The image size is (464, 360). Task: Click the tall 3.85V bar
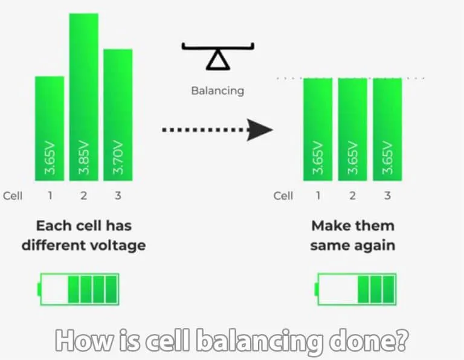(x=84, y=97)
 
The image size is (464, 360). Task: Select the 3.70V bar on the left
(x=118, y=115)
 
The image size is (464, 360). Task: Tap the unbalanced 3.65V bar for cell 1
(x=50, y=128)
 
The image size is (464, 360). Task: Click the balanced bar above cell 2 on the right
(x=352, y=129)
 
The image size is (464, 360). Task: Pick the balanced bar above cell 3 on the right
(x=387, y=129)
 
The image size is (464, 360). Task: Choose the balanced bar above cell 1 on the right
(x=318, y=129)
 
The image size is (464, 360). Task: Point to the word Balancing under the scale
(x=217, y=91)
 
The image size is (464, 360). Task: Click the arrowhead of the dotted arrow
(x=262, y=129)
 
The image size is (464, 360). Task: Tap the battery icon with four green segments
(x=79, y=289)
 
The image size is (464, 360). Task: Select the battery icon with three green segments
(x=356, y=289)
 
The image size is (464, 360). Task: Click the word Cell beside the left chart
(x=13, y=196)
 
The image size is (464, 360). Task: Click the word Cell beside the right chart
(x=283, y=196)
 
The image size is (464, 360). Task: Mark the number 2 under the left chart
(x=84, y=196)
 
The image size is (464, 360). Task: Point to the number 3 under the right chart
(x=387, y=196)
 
